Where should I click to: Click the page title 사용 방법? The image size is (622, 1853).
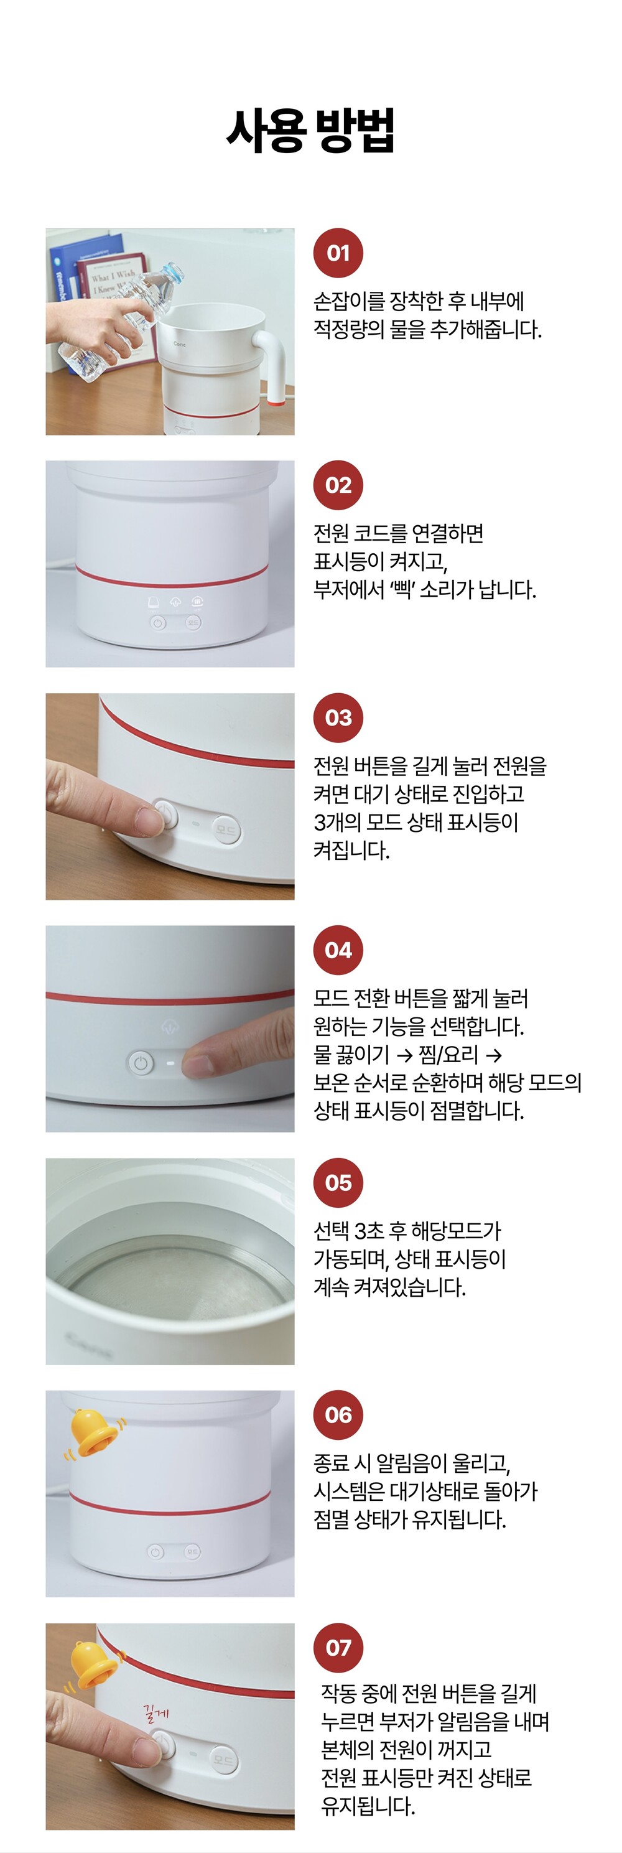[x=310, y=130]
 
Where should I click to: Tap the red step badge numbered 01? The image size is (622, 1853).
[x=338, y=253]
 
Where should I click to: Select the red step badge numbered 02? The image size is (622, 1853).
[x=338, y=485]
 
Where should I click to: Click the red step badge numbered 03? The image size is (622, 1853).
[x=338, y=717]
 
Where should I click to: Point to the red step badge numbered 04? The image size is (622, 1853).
[x=338, y=950]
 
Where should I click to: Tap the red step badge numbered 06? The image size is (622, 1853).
[x=338, y=1415]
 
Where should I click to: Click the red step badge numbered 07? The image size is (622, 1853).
[x=338, y=1647]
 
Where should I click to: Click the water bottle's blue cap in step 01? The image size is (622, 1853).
[x=172, y=273]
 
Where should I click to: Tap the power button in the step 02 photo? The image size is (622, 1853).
[x=158, y=623]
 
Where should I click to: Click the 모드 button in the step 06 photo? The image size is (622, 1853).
[x=192, y=1552]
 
